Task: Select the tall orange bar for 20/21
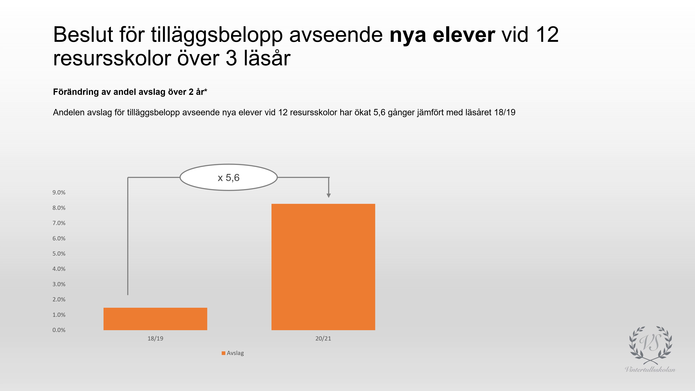[323, 267]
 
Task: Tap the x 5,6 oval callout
[229, 177]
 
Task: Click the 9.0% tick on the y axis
[59, 192]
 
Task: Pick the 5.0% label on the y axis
[59, 254]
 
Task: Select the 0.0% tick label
[59, 330]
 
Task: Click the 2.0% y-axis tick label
[59, 300]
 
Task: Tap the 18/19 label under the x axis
[155, 338]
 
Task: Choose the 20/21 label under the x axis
[323, 338]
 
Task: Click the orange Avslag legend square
[223, 353]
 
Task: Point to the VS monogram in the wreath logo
[650, 343]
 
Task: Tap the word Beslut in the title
[83, 35]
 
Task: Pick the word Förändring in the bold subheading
[76, 92]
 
